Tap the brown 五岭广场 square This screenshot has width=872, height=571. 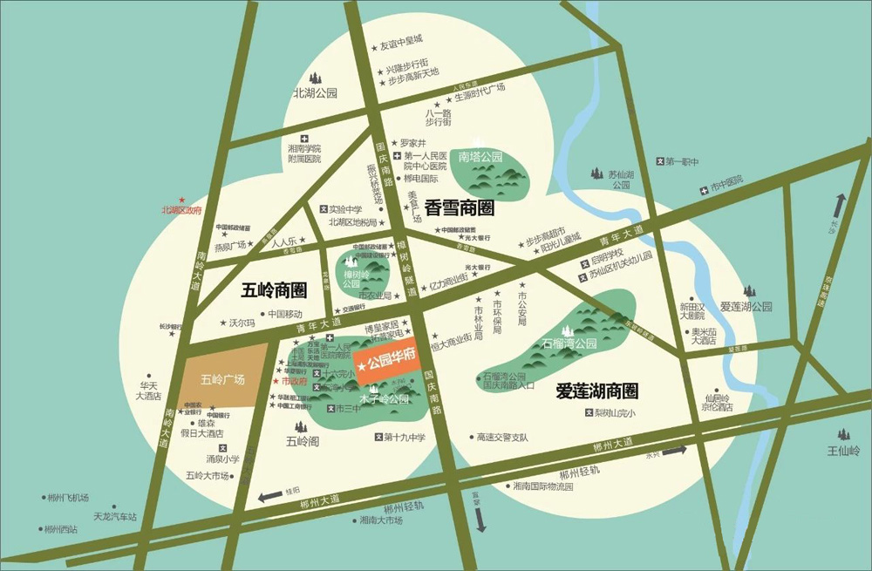(223, 379)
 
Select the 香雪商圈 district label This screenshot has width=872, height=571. (460, 208)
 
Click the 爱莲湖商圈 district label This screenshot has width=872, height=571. (597, 391)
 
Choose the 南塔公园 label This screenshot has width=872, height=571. (481, 157)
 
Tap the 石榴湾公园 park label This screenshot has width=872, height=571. (569, 343)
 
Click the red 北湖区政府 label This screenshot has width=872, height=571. (181, 210)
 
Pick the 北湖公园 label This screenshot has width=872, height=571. (315, 93)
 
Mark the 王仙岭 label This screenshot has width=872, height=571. (843, 451)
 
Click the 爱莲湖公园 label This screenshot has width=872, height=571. (746, 307)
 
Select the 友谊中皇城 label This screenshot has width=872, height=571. (400, 41)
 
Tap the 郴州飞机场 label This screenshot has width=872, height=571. (69, 498)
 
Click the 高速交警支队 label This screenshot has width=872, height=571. (502, 436)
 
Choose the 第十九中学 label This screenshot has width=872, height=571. (404, 437)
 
